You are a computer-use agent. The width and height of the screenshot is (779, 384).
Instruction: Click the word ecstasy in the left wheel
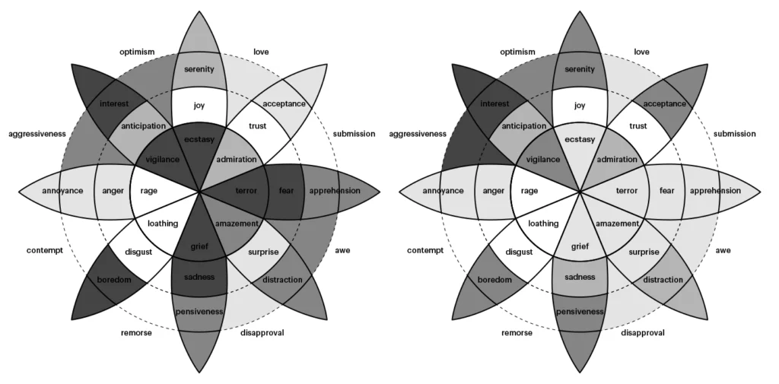(x=199, y=139)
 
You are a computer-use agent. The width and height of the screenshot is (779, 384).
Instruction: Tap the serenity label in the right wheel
(x=580, y=70)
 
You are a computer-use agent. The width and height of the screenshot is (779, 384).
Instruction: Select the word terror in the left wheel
(x=246, y=190)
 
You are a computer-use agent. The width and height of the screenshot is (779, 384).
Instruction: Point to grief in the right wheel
(x=580, y=246)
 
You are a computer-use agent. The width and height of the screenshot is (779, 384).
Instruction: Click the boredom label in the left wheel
(x=114, y=281)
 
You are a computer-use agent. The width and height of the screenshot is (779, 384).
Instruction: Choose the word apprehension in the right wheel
(x=715, y=191)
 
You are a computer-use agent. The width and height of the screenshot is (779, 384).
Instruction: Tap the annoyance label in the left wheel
(x=62, y=191)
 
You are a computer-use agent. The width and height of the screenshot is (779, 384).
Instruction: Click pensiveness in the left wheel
(x=199, y=312)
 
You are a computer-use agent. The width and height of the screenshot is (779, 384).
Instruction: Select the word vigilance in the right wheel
(x=542, y=160)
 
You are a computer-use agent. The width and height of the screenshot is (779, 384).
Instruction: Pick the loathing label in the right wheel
(x=543, y=224)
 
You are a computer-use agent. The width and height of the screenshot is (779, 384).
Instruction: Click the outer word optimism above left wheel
(x=137, y=52)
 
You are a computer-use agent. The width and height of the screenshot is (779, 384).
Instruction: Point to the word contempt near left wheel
(x=43, y=250)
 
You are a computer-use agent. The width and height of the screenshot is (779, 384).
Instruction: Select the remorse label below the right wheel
(x=517, y=332)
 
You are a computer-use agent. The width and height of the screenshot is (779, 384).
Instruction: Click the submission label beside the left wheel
(x=355, y=134)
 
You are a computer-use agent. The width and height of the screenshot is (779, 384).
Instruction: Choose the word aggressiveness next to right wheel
(x=418, y=134)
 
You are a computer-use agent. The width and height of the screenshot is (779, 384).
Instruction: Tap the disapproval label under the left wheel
(x=262, y=332)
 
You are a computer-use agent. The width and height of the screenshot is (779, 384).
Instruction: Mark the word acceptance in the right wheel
(x=665, y=103)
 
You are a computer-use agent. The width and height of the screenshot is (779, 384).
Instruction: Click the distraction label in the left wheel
(x=282, y=280)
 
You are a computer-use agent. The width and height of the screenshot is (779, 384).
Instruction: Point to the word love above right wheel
(x=641, y=52)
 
